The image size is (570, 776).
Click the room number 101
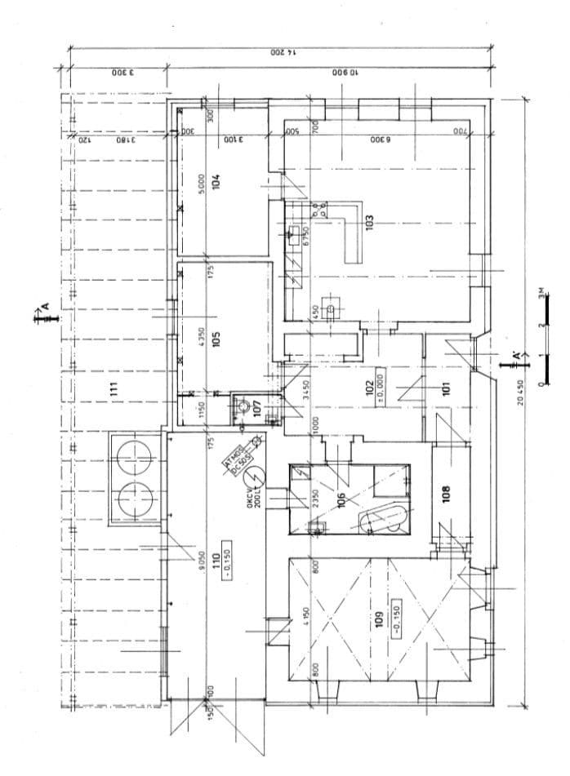[446, 388]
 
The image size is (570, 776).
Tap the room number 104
[216, 181]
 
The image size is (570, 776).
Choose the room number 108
[446, 495]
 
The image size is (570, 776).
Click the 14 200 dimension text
[281, 52]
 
